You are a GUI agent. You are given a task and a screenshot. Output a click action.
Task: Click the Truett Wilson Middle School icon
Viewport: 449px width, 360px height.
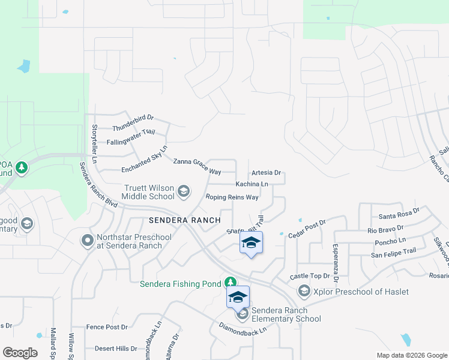point(184,192)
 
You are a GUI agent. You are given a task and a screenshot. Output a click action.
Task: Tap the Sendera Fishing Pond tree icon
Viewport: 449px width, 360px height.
point(230,282)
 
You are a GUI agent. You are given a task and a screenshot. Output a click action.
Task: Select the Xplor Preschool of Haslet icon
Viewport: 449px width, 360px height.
point(304,292)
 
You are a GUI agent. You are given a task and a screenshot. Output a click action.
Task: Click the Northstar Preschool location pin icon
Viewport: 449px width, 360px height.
point(88,241)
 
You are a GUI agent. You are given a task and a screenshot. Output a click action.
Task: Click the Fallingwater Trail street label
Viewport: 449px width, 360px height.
point(131,137)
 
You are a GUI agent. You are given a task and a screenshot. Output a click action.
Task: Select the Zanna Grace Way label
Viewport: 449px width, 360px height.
point(197,166)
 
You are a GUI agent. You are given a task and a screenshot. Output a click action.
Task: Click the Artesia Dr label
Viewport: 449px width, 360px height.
point(267,172)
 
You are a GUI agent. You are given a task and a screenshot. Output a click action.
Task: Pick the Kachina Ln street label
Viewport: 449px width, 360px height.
point(252,184)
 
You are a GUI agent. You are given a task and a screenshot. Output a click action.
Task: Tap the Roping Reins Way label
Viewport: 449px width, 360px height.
point(232,197)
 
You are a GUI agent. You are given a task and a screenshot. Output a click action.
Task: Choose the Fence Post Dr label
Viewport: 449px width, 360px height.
point(107,327)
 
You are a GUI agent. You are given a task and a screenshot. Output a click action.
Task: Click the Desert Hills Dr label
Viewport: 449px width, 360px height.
point(116,348)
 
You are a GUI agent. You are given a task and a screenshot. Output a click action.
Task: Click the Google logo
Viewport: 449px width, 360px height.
point(20,352)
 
